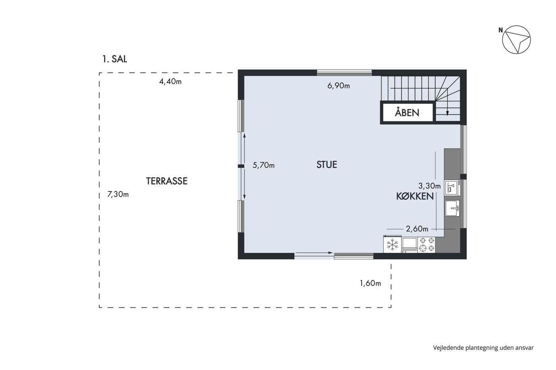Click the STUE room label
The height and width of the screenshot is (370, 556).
pyautogui.click(x=326, y=165)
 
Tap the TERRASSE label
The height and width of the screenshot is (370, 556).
pyautogui.click(x=166, y=181)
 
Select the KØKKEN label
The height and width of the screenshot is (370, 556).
pyautogui.click(x=415, y=196)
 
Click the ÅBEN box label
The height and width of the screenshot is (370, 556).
pyautogui.click(x=407, y=113)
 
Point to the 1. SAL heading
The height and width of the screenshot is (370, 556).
pyautogui.click(x=115, y=59)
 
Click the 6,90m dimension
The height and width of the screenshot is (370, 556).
pyautogui.click(x=338, y=86)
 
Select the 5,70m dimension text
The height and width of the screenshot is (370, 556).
pyautogui.click(x=263, y=165)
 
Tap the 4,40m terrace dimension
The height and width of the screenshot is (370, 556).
pyautogui.click(x=170, y=82)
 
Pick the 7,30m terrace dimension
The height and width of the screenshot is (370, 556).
pyautogui.click(x=118, y=194)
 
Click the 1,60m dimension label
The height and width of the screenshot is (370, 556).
pyautogui.click(x=370, y=283)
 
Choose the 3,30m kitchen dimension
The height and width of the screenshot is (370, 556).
pyautogui.click(x=429, y=186)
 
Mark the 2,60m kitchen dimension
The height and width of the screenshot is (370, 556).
pyautogui.click(x=417, y=229)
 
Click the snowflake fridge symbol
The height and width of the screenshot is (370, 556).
pyautogui.click(x=392, y=245)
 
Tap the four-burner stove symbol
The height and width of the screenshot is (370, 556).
pyautogui.click(x=427, y=244)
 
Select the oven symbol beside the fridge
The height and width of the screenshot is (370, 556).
pyautogui.click(x=409, y=245)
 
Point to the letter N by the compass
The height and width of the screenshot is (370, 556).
pyautogui.click(x=501, y=30)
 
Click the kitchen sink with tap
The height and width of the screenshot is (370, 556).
pyautogui.click(x=452, y=208)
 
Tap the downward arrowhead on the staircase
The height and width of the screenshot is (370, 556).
pyautogui.click(x=447, y=114)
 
